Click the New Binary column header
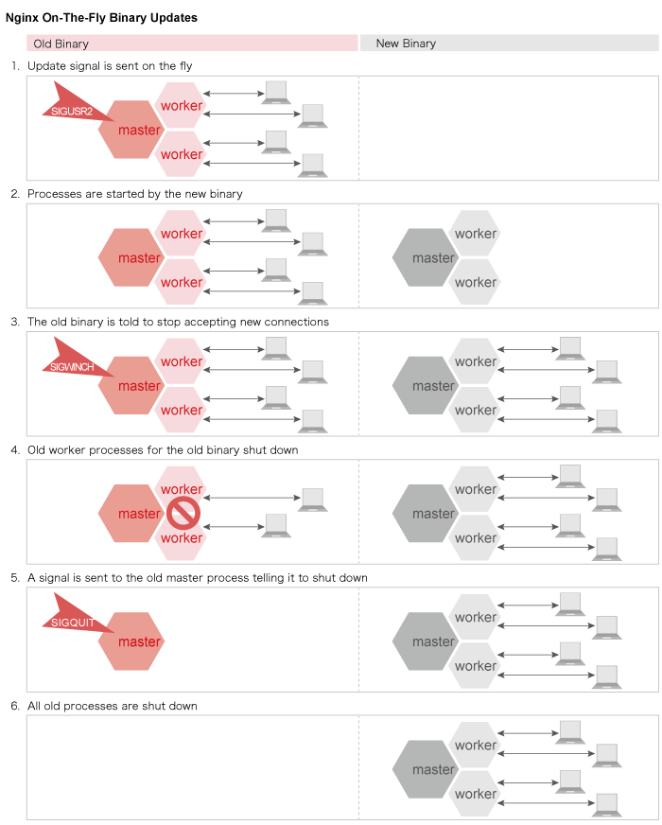coord(509,44)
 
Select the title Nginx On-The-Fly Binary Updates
coord(102,17)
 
